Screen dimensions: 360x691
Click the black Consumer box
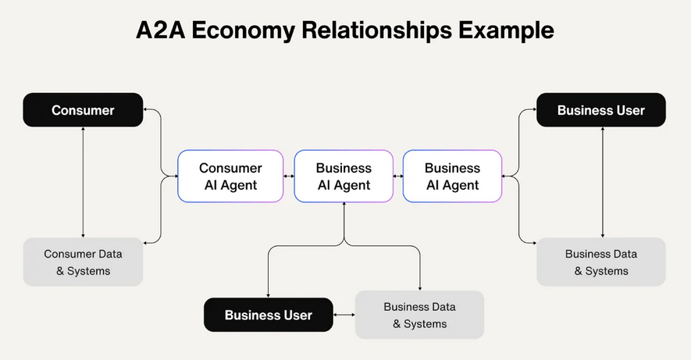83,110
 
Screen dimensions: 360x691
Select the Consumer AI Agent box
230,176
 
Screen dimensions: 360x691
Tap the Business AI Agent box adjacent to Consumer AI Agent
343,176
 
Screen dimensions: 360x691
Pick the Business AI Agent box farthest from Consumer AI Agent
452,176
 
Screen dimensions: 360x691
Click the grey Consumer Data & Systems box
83,262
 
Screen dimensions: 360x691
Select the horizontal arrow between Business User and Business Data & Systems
344,315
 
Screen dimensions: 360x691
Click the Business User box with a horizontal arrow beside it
268,315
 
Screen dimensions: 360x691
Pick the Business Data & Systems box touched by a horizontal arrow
419,315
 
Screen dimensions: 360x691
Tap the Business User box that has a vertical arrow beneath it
601,110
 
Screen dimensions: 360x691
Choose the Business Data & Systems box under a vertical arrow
601,262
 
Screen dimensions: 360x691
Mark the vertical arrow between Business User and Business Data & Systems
601,182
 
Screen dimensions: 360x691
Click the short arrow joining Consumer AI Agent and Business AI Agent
289,176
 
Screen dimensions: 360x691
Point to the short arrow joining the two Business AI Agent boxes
397,176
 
